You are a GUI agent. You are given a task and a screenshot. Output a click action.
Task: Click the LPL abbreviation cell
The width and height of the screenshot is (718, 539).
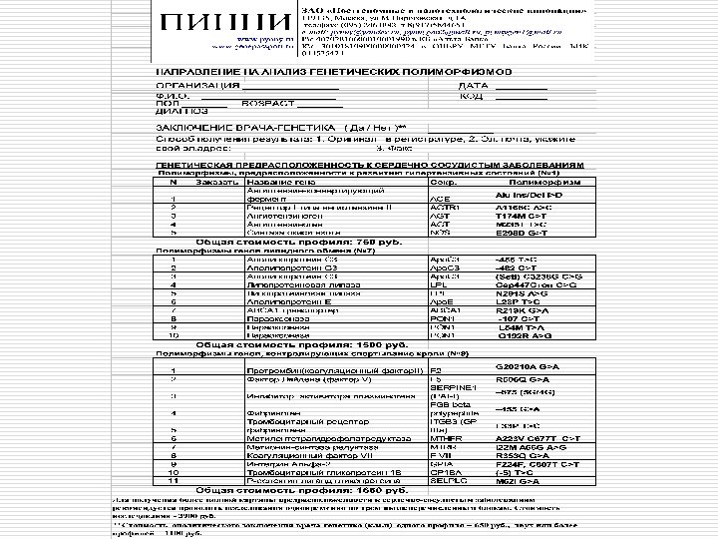coord(438,283)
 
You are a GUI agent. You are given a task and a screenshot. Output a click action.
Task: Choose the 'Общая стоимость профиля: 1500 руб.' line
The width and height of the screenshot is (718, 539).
coord(275,345)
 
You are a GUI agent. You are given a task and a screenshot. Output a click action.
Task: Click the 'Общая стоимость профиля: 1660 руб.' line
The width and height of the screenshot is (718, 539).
coord(275,489)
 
